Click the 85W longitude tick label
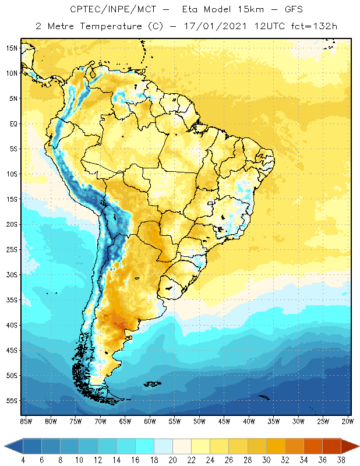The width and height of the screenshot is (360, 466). [x=26, y=421]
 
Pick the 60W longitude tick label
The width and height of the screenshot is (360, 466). [x=150, y=421]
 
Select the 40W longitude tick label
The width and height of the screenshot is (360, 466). [x=250, y=421]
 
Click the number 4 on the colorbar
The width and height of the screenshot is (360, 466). [x=23, y=460]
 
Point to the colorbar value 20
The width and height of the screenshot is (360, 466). [x=172, y=460]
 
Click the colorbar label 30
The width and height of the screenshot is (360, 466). [x=266, y=460]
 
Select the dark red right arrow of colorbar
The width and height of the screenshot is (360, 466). [x=350, y=446]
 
